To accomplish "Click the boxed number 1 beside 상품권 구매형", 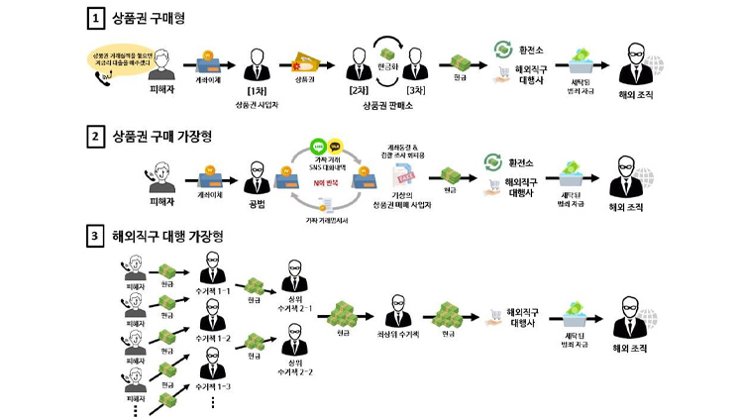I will [x=95, y=18].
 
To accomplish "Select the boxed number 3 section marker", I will [x=95, y=237].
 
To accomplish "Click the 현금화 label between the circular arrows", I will [x=384, y=63].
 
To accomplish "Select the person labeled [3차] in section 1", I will [x=416, y=63].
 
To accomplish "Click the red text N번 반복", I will [x=326, y=182].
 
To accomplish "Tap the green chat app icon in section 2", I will [x=318, y=145].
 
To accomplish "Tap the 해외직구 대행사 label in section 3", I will [x=527, y=316].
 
